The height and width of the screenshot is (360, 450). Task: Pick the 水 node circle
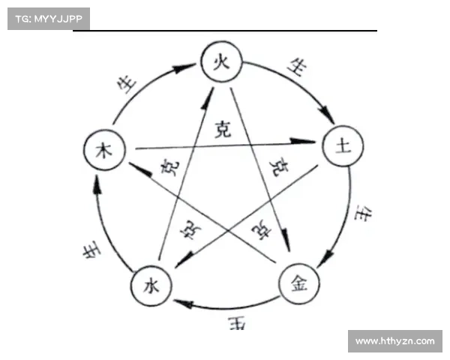(151, 286)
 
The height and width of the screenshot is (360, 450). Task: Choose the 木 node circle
(103, 150)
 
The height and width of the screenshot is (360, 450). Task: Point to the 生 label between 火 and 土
(298, 69)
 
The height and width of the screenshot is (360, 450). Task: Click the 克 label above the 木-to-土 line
(223, 129)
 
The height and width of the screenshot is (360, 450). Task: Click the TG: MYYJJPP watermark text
(48, 18)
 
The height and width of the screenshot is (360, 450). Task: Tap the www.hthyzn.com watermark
(394, 341)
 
